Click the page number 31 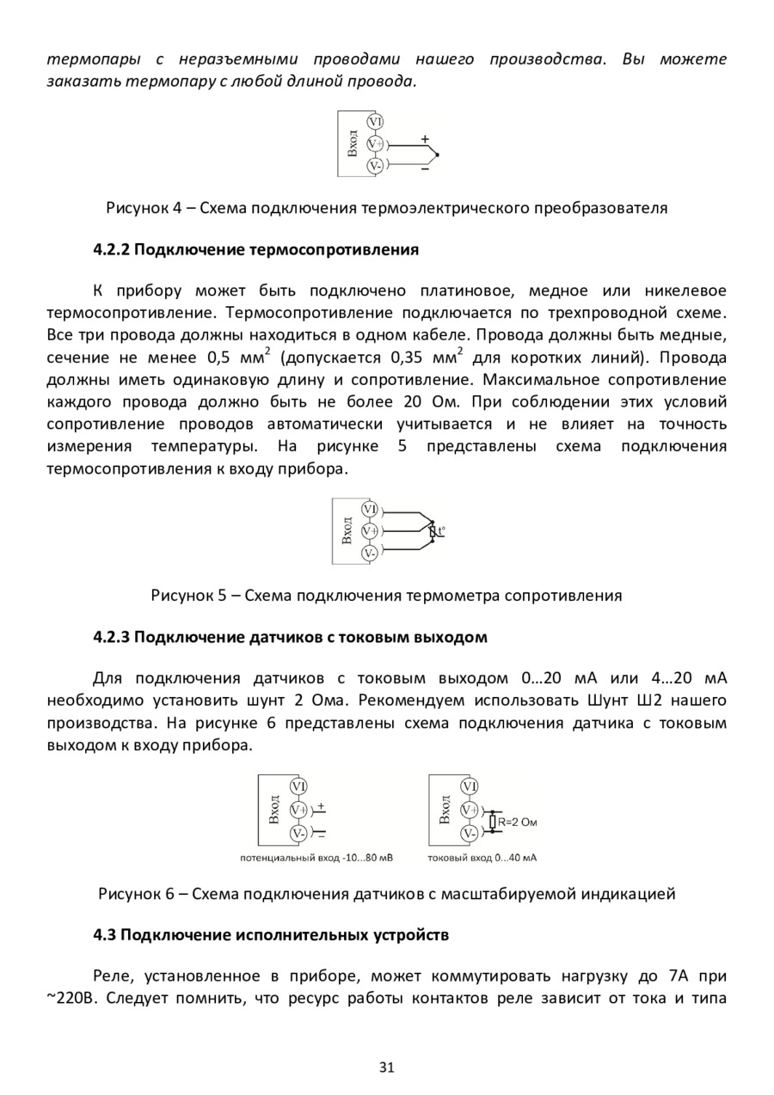(x=386, y=1068)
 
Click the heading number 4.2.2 (x=110, y=250)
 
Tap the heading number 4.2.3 (x=110, y=638)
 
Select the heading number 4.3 (x=103, y=934)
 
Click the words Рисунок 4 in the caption (x=140, y=208)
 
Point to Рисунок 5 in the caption (x=186, y=596)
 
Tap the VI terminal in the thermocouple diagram (x=376, y=122)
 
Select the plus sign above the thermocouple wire (x=425, y=138)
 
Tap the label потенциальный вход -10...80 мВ (x=316, y=858)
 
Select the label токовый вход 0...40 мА (x=482, y=858)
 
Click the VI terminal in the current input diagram (x=470, y=786)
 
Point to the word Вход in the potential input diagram (x=273, y=810)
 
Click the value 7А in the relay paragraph (x=679, y=977)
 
